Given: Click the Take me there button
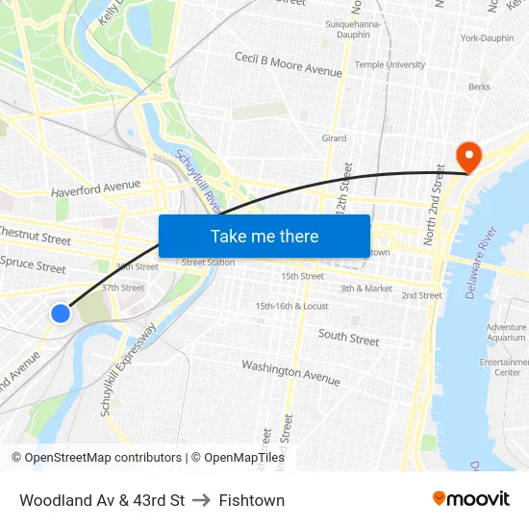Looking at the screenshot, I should (264, 236).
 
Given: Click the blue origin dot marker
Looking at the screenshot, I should (61, 313).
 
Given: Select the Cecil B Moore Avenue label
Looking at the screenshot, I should (289, 64).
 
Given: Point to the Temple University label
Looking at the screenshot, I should (390, 64).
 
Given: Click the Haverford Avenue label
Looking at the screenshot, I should (96, 186).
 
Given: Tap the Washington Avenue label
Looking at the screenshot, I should (290, 371).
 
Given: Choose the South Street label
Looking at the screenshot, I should (348, 338).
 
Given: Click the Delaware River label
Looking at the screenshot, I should (483, 262).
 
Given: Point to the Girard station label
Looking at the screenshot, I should (334, 139).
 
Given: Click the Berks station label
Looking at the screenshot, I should (478, 87).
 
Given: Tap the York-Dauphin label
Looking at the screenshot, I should (487, 38).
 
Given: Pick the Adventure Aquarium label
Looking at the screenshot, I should (506, 333).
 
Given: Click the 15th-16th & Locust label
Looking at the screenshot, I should (291, 306).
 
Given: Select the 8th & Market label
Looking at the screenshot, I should (366, 288).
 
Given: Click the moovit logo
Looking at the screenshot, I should (470, 498).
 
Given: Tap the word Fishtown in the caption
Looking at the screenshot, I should (252, 500).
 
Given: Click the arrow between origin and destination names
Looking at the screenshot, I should (202, 500).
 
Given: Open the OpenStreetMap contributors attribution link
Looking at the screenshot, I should (96, 458).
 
